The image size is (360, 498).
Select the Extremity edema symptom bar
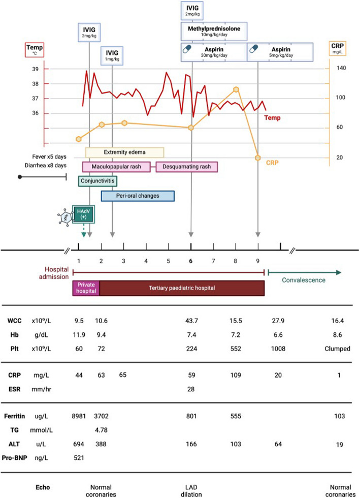[124, 152]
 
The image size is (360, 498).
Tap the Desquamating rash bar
[186, 167]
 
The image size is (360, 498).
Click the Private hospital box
[86, 287]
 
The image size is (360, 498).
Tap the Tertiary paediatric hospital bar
[182, 287]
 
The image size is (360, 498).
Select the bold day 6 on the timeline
[191, 261]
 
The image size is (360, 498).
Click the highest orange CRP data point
[236, 89]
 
